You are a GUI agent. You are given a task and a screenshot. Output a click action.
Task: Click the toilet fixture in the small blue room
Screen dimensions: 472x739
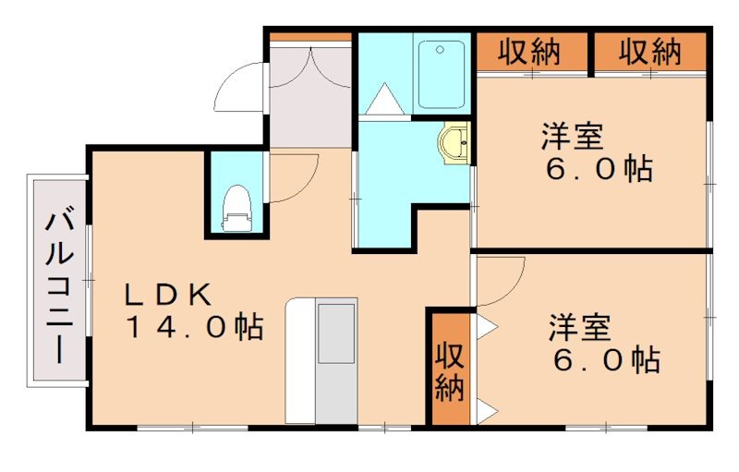237,208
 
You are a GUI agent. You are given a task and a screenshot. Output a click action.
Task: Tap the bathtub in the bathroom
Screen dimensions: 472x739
441,74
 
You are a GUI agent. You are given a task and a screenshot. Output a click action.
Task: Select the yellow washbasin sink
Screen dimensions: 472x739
455,144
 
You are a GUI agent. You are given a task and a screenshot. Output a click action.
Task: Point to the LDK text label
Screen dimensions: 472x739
171,295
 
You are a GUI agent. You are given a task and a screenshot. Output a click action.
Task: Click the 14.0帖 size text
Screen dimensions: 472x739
193,328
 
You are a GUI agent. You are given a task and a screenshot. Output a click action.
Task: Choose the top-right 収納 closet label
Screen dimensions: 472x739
649,53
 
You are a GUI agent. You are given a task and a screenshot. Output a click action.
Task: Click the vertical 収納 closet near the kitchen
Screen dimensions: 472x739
449,370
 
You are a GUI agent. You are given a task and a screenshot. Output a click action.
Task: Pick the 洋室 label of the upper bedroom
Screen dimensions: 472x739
573,137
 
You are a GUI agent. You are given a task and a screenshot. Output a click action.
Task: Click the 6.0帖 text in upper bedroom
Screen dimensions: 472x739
597,170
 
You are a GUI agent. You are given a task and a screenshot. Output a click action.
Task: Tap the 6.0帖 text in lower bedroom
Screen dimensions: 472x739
605,359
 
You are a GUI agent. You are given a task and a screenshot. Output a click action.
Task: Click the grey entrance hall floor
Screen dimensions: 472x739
310,102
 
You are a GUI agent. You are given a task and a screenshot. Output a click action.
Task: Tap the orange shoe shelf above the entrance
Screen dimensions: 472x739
310,37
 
